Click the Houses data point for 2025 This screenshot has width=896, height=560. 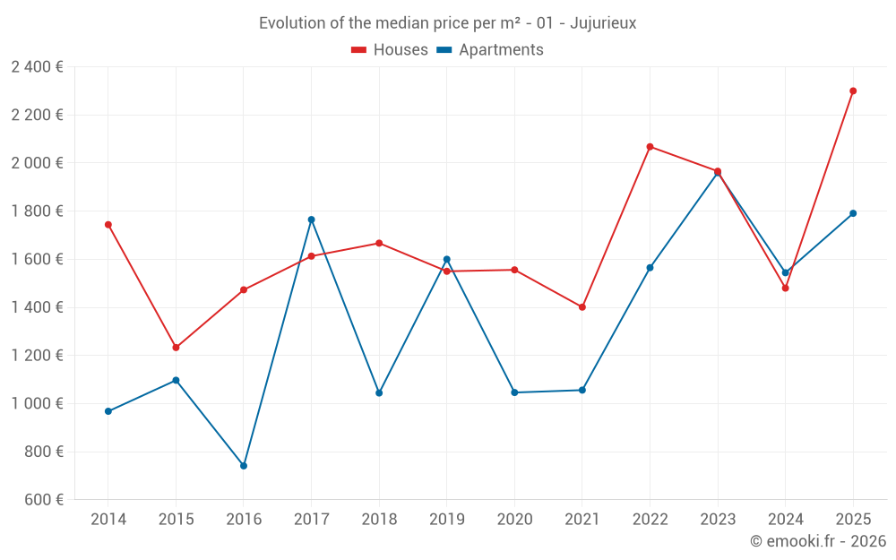coord(853,90)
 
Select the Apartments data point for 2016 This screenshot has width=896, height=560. coord(244,466)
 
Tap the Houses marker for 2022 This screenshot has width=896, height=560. coord(650,147)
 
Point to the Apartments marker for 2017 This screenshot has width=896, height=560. coord(311,220)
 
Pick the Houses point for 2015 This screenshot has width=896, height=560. coord(176,348)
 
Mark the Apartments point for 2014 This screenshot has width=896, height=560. coord(108,411)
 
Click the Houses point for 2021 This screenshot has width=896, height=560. coord(582,307)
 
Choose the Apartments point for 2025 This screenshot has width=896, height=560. coord(853,213)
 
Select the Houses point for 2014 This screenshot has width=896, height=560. coord(108,225)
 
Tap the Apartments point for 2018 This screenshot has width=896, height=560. coord(379,392)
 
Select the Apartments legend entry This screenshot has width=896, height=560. coord(500,50)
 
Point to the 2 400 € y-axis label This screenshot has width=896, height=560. coord(37,67)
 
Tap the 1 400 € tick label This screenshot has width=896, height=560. coord(37,307)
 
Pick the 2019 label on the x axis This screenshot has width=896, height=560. coord(446,520)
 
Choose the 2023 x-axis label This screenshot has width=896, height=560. coord(718,520)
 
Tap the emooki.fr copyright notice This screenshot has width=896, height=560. coord(817,541)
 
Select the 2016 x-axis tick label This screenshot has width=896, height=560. coord(244,520)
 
